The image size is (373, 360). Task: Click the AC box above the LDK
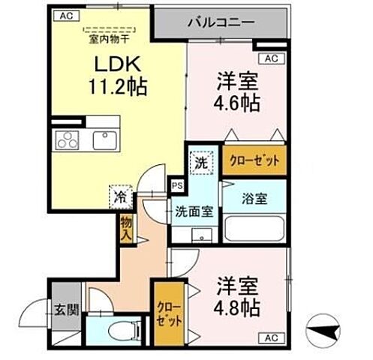click(x=66, y=14)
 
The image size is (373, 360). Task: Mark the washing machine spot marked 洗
click(x=200, y=161)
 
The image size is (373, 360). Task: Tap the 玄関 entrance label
click(x=62, y=308)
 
